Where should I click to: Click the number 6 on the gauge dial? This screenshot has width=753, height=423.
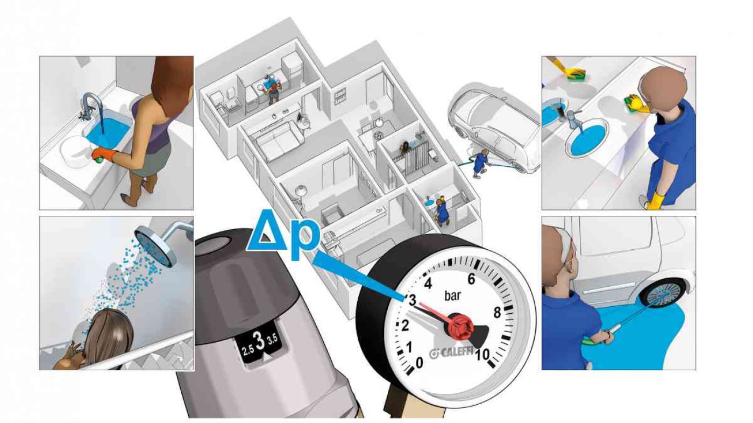pos(471,279)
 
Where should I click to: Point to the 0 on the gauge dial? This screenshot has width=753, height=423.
pos(419,363)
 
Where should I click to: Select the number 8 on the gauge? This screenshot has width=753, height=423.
pos(497,313)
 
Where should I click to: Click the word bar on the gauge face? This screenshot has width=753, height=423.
pos(452,295)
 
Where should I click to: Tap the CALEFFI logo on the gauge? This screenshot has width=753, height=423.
pos(452,353)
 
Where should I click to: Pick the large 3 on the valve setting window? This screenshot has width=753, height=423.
pos(259,342)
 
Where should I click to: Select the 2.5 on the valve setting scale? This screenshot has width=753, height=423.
pos(248,351)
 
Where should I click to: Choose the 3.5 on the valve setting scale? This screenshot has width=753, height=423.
pos(272,339)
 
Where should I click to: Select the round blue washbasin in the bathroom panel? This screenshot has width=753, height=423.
pos(587,138)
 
